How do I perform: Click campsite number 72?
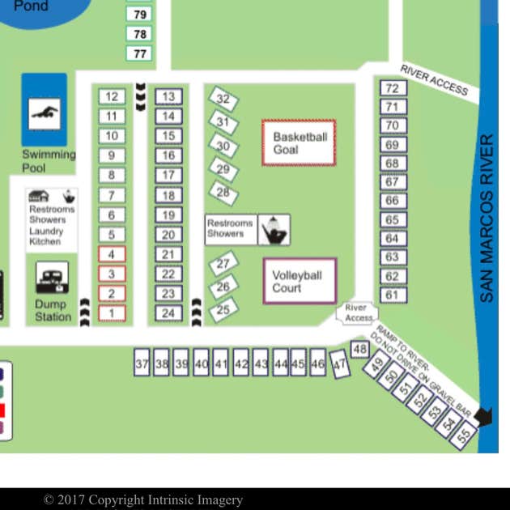pyautogui.click(x=393, y=88)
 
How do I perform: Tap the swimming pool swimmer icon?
pyautogui.click(x=45, y=113)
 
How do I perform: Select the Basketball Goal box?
pyautogui.click(x=299, y=142)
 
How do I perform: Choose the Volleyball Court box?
pyautogui.click(x=299, y=281)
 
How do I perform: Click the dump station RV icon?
pyautogui.click(x=52, y=278)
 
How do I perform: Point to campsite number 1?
pyautogui.click(x=112, y=313)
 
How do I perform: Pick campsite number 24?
pyautogui.click(x=168, y=313)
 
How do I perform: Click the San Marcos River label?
pyautogui.click(x=486, y=219)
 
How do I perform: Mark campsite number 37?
pyautogui.click(x=142, y=364)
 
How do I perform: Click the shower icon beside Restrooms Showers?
pyautogui.click(x=274, y=230)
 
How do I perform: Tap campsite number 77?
pyautogui.click(x=140, y=53)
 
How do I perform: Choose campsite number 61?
pyautogui.click(x=393, y=295)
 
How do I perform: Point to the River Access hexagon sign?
pyautogui.click(x=356, y=312)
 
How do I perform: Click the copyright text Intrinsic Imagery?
pyautogui.click(x=143, y=499)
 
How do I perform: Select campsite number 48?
pyautogui.click(x=360, y=349)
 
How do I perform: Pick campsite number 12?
pyautogui.click(x=112, y=96)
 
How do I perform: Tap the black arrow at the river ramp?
pyautogui.click(x=483, y=416)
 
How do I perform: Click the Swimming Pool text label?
pyautogui.click(x=49, y=161)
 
